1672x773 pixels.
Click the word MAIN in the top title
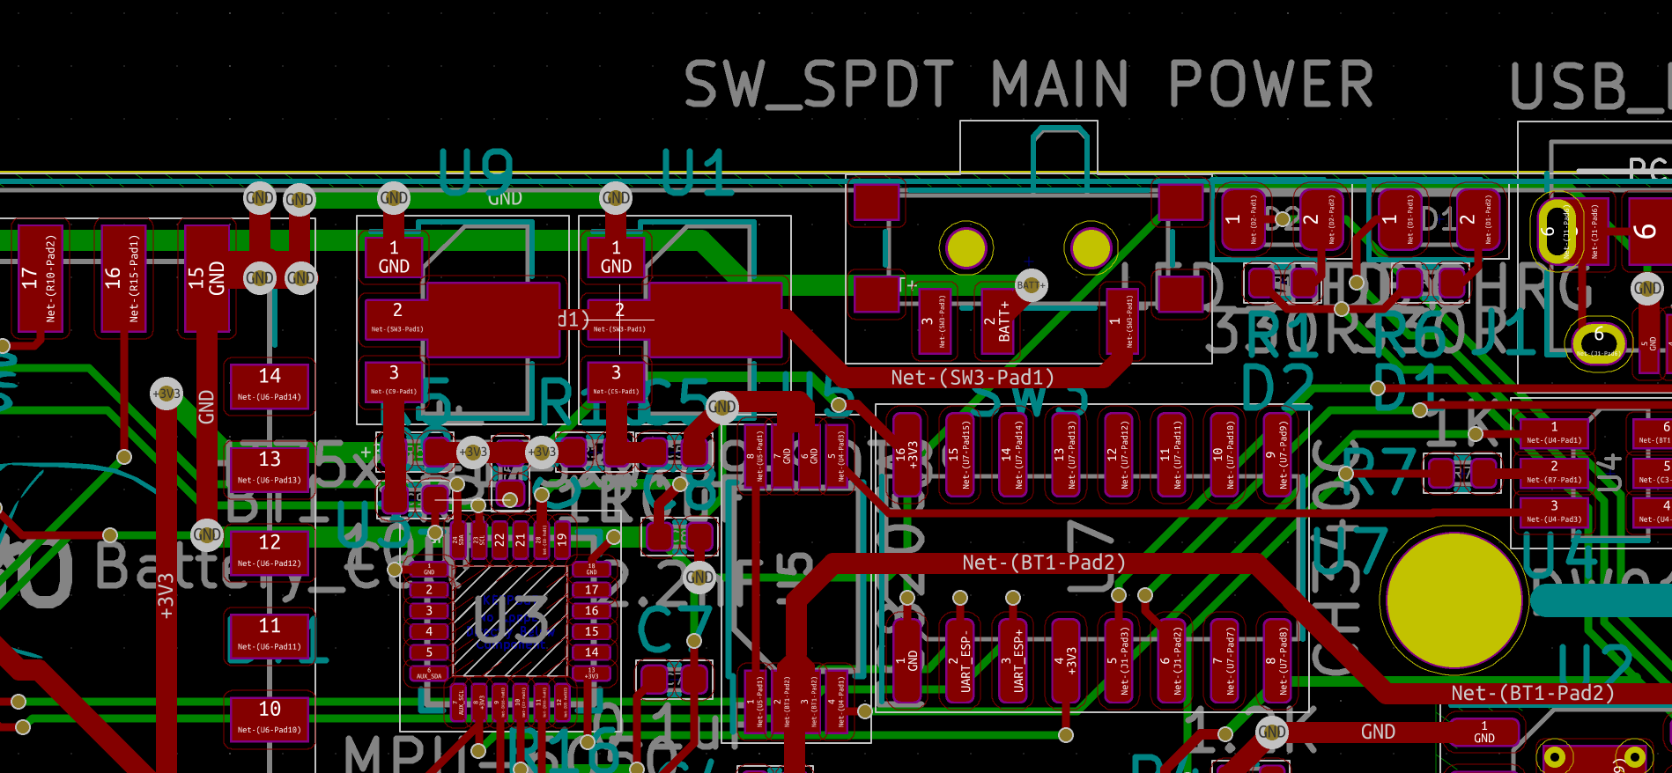[1060, 85]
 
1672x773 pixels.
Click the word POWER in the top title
[1271, 85]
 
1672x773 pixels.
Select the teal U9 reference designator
[476, 172]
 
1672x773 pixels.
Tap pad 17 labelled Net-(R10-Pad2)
[40, 277]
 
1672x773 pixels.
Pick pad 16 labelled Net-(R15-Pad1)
[123, 277]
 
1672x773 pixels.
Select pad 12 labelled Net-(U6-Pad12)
[270, 551]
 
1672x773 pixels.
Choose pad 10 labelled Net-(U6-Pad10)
[270, 718]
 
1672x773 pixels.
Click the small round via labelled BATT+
[1031, 285]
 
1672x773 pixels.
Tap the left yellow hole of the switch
[965, 249]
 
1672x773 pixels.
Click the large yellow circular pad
[1454, 601]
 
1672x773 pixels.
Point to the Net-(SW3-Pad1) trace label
[973, 378]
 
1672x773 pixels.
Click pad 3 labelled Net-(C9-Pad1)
[394, 381]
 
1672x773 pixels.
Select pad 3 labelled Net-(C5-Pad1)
[616, 381]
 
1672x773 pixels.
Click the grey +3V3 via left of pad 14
[166, 394]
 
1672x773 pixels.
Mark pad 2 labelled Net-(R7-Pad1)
[1554, 473]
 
